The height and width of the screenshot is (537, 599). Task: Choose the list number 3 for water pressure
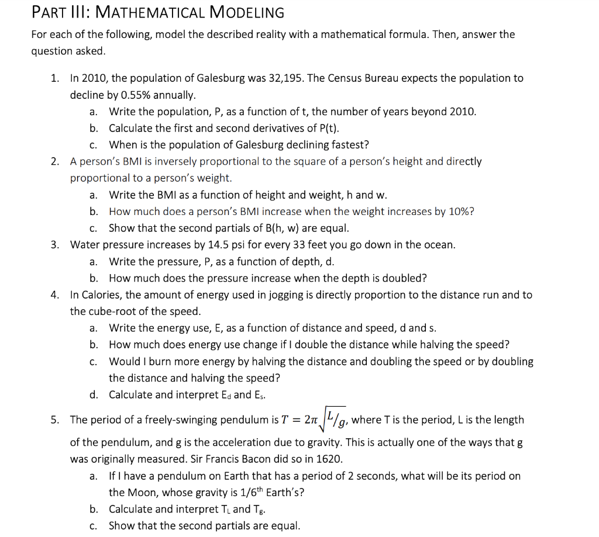click(54, 245)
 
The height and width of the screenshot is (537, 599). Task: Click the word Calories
click(102, 295)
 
